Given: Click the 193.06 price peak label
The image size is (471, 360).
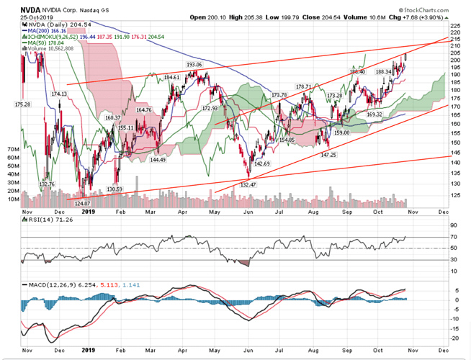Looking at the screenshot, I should click(x=194, y=64).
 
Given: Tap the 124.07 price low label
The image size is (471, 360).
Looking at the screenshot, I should click(x=87, y=204).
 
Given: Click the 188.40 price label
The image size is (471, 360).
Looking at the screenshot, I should click(x=358, y=71).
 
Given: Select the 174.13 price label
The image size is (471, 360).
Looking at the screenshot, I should click(x=59, y=94).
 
